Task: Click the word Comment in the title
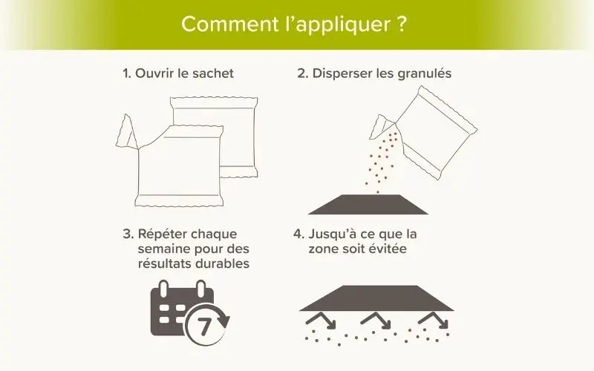230,24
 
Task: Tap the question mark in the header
402,24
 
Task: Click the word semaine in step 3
164,249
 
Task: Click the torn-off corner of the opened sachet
126,133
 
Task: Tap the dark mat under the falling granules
368,205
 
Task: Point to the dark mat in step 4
377,298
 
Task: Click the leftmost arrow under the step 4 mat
321,321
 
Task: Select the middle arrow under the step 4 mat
376,321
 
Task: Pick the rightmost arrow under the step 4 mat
434,321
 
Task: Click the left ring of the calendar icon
163,289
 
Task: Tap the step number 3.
128,234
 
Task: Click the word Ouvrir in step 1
154,73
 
